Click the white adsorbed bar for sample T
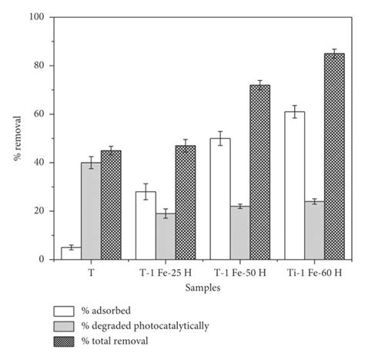pos(72,254)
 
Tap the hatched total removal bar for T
pos(111,205)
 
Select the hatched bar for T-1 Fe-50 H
pos(260,173)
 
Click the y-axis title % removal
pos(16,139)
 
